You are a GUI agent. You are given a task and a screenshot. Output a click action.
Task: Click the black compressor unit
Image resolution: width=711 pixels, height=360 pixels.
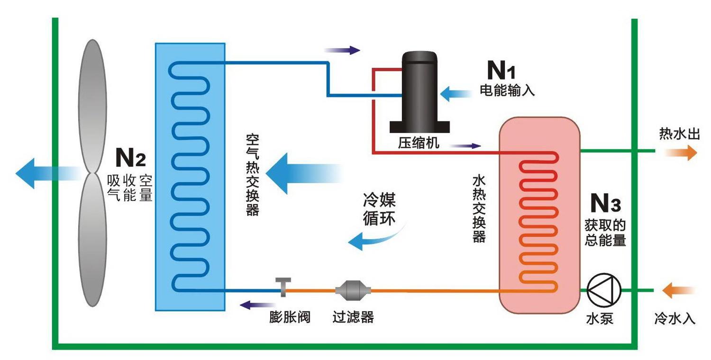click(x=419, y=92)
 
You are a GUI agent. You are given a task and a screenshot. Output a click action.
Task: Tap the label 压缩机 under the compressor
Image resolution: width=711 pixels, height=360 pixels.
click(x=419, y=144)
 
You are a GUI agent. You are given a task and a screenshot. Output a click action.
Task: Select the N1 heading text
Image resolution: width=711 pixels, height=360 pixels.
click(x=501, y=71)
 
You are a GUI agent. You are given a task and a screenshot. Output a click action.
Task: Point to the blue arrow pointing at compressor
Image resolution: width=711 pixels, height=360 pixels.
click(x=455, y=93)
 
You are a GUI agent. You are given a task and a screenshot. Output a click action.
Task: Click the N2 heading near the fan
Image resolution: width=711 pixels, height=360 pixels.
click(x=130, y=157)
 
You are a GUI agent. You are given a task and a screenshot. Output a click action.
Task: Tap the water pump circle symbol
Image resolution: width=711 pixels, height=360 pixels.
click(x=604, y=290)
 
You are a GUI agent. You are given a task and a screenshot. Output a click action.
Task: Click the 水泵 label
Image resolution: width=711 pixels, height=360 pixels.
click(x=600, y=318)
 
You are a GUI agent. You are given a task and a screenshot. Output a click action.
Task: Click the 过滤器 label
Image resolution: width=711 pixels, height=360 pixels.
click(x=353, y=316)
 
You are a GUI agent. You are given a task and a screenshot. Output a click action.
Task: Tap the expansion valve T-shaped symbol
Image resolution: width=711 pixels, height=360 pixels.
click(x=283, y=287)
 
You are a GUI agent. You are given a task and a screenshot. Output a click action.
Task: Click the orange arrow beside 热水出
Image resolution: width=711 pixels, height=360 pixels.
click(x=681, y=153)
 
